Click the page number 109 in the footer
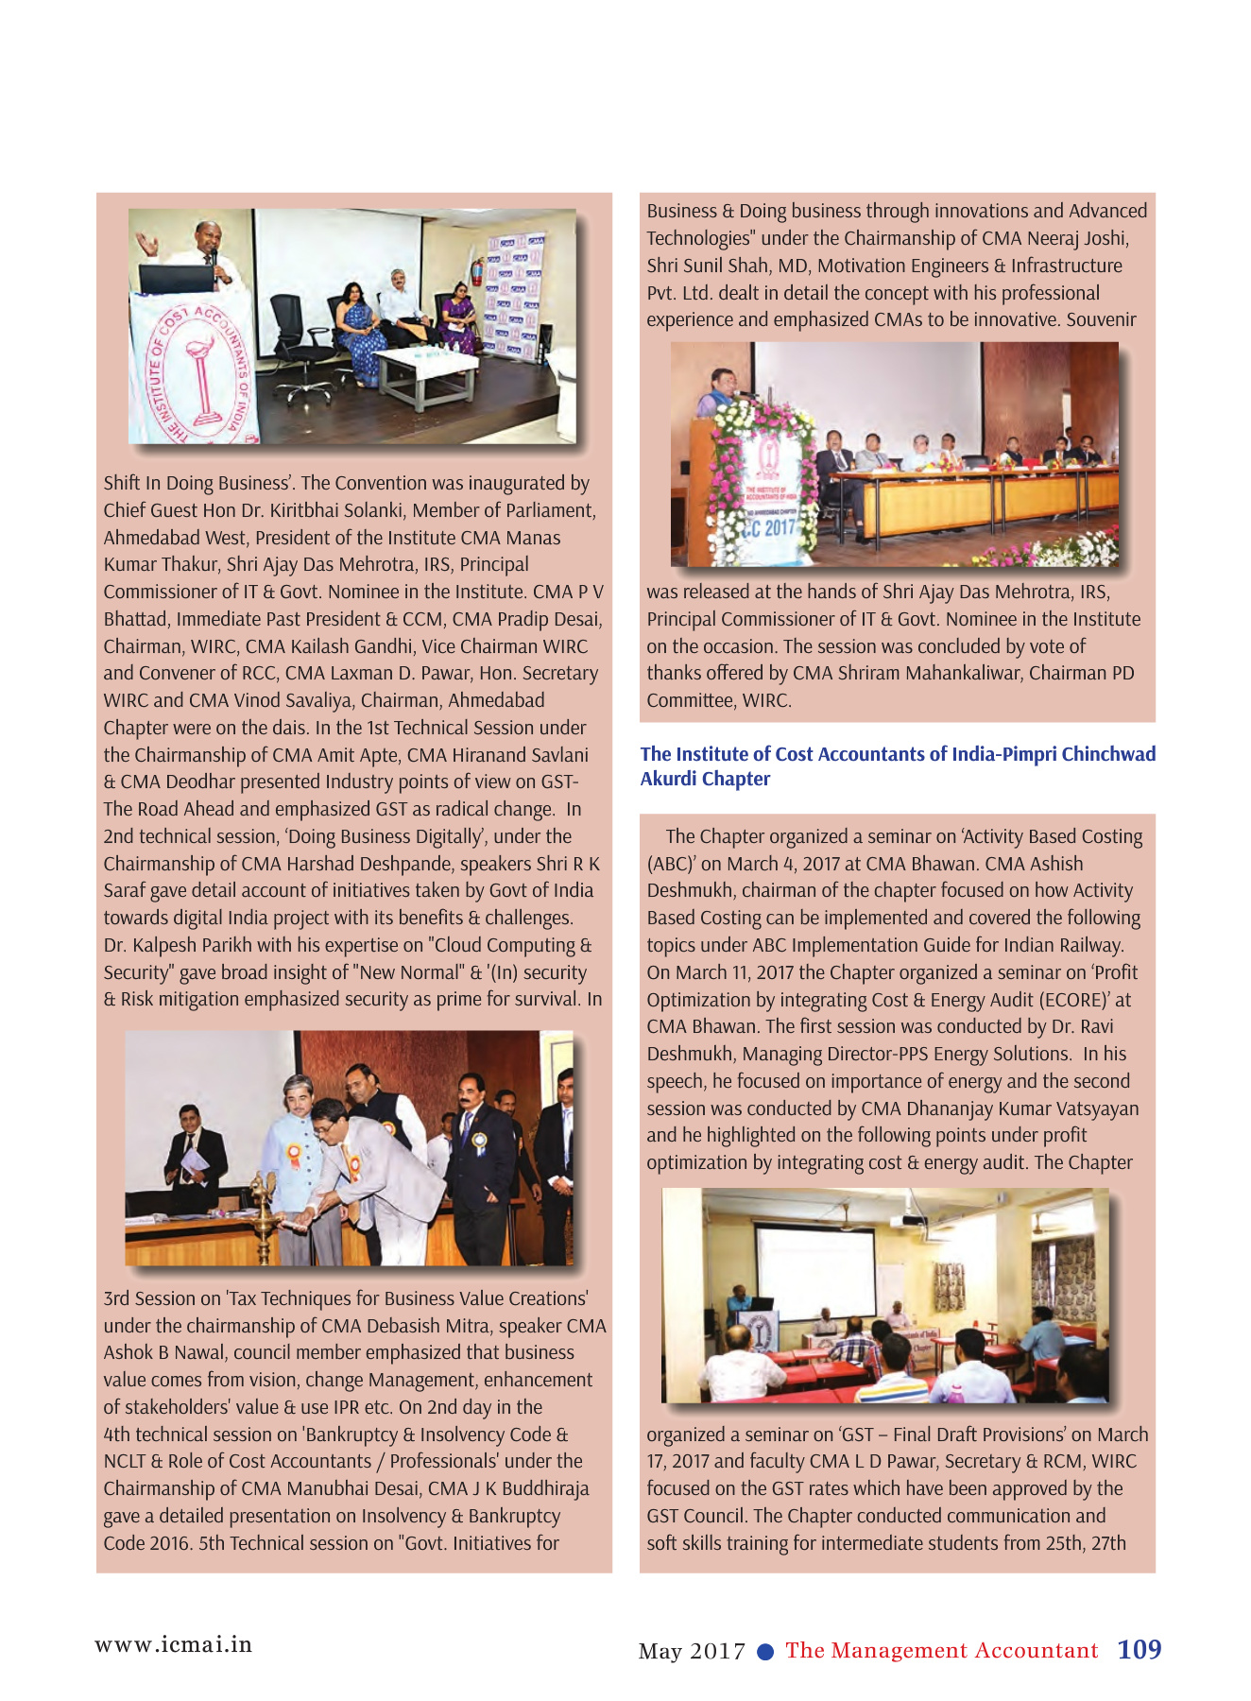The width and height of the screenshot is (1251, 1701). coord(1139,1649)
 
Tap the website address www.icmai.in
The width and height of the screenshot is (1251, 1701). coord(173,1644)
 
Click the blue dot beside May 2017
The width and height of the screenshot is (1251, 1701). coord(766,1651)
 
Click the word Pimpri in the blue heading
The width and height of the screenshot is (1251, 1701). coord(1028,754)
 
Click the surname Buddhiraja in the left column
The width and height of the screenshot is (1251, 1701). coord(542,1488)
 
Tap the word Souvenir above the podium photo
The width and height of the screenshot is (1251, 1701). coord(1101,319)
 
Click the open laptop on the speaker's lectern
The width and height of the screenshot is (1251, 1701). coord(176,278)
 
